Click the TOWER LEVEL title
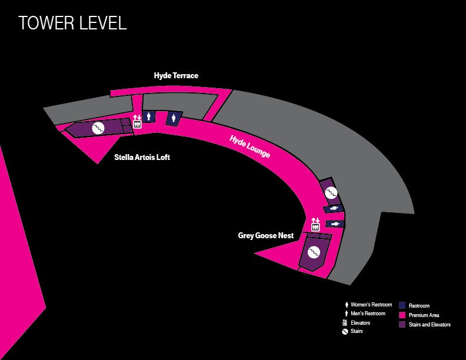coord(72,23)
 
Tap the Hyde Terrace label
coord(176,75)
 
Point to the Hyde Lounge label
coord(249,146)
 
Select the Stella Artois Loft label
coord(142,157)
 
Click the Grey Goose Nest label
coord(266,235)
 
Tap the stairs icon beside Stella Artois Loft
coord(98,128)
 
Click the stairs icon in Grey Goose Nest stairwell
coord(314,252)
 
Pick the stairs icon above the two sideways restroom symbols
coord(331,193)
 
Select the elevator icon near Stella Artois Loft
coord(137,121)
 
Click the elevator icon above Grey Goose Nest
coord(315,224)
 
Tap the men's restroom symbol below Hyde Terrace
coord(149,116)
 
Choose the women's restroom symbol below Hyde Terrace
coord(174,118)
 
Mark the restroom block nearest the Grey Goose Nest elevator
coord(335,224)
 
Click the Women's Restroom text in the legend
coord(371,305)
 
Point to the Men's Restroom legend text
coord(368,314)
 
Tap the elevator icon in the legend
coord(345,322)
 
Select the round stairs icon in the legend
coord(345,332)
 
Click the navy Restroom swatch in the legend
coord(402,305)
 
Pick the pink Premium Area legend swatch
coord(402,315)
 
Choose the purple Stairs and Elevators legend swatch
coord(402,324)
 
